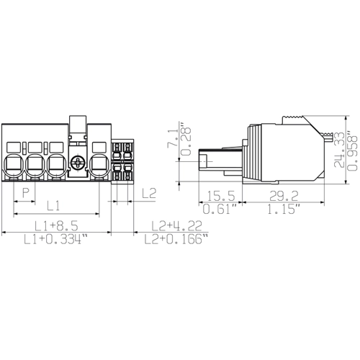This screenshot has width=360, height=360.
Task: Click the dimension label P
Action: [26, 193]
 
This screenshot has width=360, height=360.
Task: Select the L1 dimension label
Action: [53, 206]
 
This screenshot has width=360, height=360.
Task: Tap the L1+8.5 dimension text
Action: [57, 226]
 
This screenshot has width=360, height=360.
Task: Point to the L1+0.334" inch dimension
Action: [55, 239]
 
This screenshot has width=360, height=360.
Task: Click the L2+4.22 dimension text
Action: [176, 226]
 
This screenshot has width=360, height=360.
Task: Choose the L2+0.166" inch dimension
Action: [176, 239]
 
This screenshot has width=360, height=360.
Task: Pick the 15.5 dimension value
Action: [220, 196]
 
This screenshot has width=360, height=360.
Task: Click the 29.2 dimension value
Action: [284, 196]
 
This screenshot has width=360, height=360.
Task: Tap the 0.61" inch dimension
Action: [220, 209]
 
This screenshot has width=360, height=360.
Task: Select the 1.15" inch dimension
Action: [284, 209]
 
